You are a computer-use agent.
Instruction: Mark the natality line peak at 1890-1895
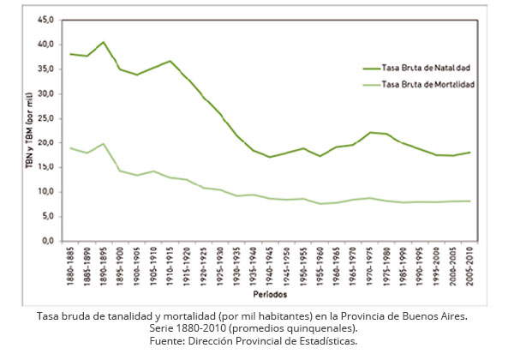103,42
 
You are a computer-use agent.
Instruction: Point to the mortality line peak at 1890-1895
103,144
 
